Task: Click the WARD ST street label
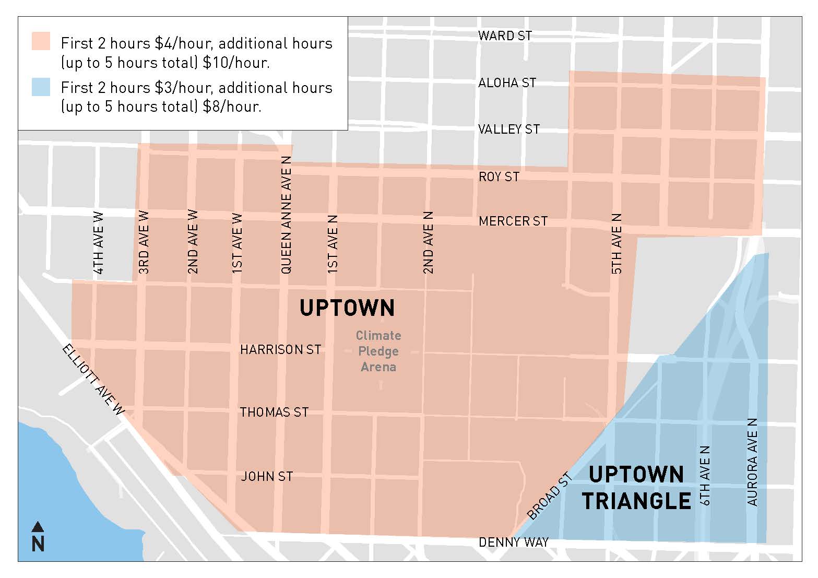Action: (505, 36)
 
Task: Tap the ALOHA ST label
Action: (507, 82)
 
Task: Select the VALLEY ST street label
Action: (509, 129)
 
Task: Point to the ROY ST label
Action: (499, 177)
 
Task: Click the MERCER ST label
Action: (513, 221)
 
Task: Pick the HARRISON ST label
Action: (280, 349)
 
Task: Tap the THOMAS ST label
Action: (274, 412)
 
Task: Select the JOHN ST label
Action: (267, 476)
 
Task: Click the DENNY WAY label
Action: (514, 542)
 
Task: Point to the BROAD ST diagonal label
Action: (550, 496)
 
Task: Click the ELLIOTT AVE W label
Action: (94, 380)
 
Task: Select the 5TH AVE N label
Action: (617, 243)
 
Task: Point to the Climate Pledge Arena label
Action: (378, 351)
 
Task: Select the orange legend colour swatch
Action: (41, 41)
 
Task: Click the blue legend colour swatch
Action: (41, 87)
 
